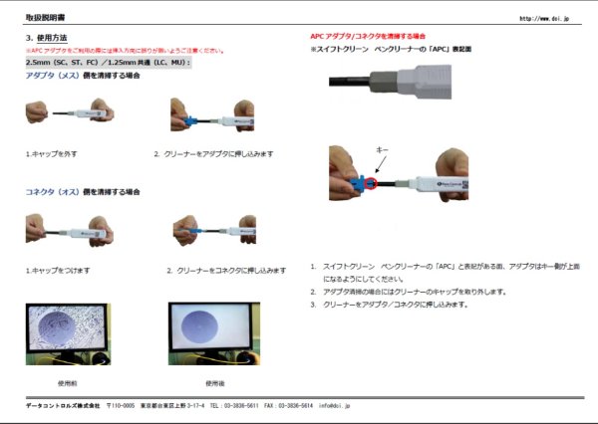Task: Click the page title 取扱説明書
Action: coord(43,18)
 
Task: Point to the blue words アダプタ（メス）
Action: coord(52,75)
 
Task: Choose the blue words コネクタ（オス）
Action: coord(52,191)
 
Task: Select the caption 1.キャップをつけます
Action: coord(57,271)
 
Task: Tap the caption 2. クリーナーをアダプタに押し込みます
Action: coord(214,154)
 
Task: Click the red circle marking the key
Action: coord(369,181)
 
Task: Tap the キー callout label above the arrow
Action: coord(382,148)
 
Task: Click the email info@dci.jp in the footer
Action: coord(334,406)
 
